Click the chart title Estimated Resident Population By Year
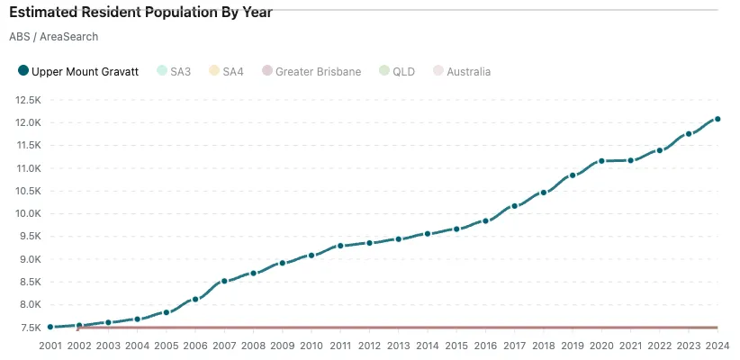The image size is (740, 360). pos(140,13)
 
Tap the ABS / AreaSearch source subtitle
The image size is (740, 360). pos(53,37)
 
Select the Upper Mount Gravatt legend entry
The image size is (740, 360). pos(78,71)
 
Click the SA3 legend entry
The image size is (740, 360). pos(174,71)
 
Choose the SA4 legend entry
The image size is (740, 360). pos(226,71)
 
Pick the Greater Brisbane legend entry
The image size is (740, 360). pos(311,71)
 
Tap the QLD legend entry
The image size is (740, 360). pos(397,71)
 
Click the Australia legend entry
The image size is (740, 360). pos(462,71)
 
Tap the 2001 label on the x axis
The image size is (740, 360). pos(50,346)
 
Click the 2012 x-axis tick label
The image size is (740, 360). pos(369,346)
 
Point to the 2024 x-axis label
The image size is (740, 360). pos(717,346)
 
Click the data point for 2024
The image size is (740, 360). pos(717,119)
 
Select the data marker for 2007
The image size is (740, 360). pos(224,282)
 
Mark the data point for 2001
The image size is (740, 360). pos(50,327)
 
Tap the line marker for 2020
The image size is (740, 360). pos(601,161)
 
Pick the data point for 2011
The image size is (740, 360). pos(340,246)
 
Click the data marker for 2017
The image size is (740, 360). pos(514,206)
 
